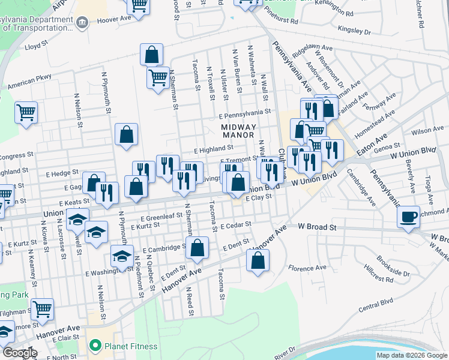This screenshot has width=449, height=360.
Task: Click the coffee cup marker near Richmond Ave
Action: click(409, 217)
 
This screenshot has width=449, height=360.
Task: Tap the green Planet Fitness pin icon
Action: click(94, 346)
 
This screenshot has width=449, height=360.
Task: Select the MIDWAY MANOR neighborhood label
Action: click(238, 131)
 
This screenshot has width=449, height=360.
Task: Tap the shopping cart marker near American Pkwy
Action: click(26, 112)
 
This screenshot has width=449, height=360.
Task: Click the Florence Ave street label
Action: click(307, 268)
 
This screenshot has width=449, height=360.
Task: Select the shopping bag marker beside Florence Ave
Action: click(258, 261)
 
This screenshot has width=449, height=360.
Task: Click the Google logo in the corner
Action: click(19, 353)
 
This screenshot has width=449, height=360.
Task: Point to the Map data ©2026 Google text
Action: click(412, 355)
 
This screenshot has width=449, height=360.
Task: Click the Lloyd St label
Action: click(36, 45)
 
